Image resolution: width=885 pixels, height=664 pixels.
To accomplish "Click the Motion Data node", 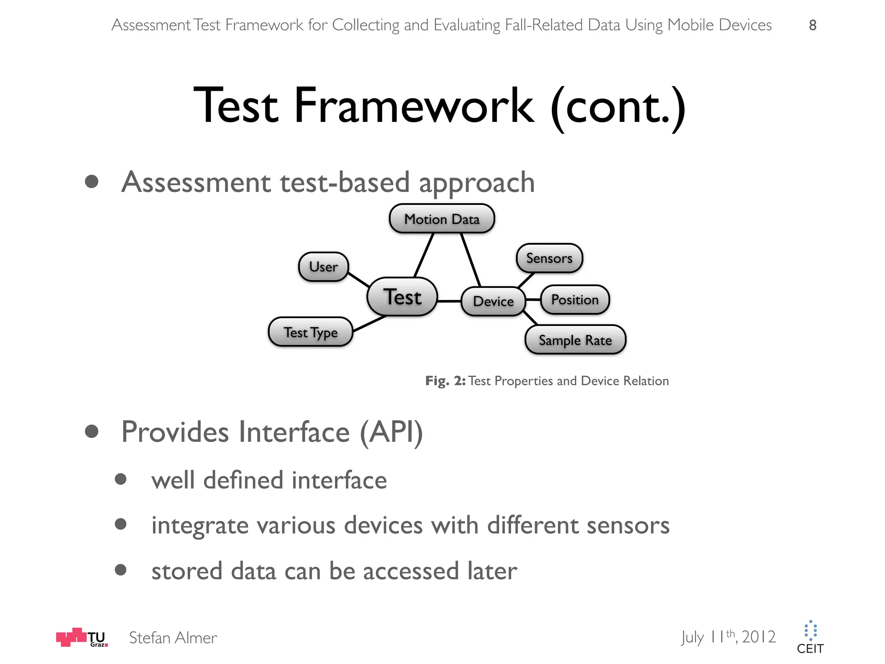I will click(x=442, y=219).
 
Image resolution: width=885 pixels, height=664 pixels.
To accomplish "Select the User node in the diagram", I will click(x=323, y=267).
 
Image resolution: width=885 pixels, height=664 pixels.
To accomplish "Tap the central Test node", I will click(x=402, y=297).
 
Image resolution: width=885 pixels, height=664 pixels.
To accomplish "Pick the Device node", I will click(x=493, y=301).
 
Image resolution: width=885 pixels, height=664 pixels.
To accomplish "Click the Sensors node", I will click(x=549, y=258).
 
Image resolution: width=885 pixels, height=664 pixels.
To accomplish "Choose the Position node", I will click(x=575, y=300).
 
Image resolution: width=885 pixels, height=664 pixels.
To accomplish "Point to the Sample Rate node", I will click(x=575, y=340).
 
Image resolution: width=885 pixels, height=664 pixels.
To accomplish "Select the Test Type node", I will click(x=310, y=332).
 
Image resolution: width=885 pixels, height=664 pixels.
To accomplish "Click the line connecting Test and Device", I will click(x=449, y=301).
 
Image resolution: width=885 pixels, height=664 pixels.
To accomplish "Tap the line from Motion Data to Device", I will click(x=471, y=259).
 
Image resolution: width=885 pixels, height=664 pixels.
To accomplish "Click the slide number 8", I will click(x=812, y=25).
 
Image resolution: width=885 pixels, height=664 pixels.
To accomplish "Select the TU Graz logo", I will click(x=82, y=637).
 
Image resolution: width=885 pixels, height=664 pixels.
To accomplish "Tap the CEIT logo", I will click(x=810, y=637).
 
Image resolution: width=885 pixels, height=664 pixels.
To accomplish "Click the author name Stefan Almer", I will click(x=173, y=638).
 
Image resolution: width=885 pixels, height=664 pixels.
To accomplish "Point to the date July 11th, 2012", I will click(x=729, y=637).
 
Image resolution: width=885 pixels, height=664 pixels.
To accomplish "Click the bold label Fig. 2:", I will click(x=445, y=381).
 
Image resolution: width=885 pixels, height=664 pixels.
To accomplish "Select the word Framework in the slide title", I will click(x=414, y=106).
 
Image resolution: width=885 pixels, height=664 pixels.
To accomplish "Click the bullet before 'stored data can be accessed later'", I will click(x=121, y=570).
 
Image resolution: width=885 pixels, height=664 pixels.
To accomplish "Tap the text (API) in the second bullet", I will click(x=391, y=432).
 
